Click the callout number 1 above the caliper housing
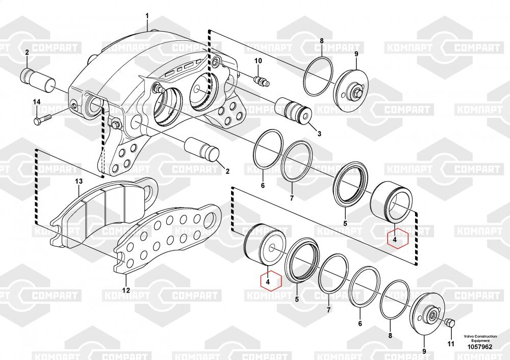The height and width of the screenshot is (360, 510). (147, 16)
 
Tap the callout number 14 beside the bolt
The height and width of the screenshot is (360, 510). (37, 102)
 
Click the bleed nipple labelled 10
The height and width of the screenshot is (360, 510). (261, 81)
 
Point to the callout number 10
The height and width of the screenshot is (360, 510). (258, 61)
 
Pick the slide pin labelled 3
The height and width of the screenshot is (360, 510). (293, 111)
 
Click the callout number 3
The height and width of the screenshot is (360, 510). (319, 133)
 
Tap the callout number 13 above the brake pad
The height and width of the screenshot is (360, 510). (79, 181)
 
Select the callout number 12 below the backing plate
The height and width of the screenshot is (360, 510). (126, 291)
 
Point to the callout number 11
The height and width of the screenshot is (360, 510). (451, 343)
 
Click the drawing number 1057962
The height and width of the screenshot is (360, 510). (480, 347)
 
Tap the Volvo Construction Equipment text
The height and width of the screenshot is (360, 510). (480, 338)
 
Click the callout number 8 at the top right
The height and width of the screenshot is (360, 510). (322, 41)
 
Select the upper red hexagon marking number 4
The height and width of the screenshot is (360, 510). (397, 238)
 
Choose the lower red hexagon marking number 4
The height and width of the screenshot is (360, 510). (271, 280)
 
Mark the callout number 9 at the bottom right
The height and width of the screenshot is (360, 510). (424, 351)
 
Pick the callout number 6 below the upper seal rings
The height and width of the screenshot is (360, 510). (263, 186)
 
